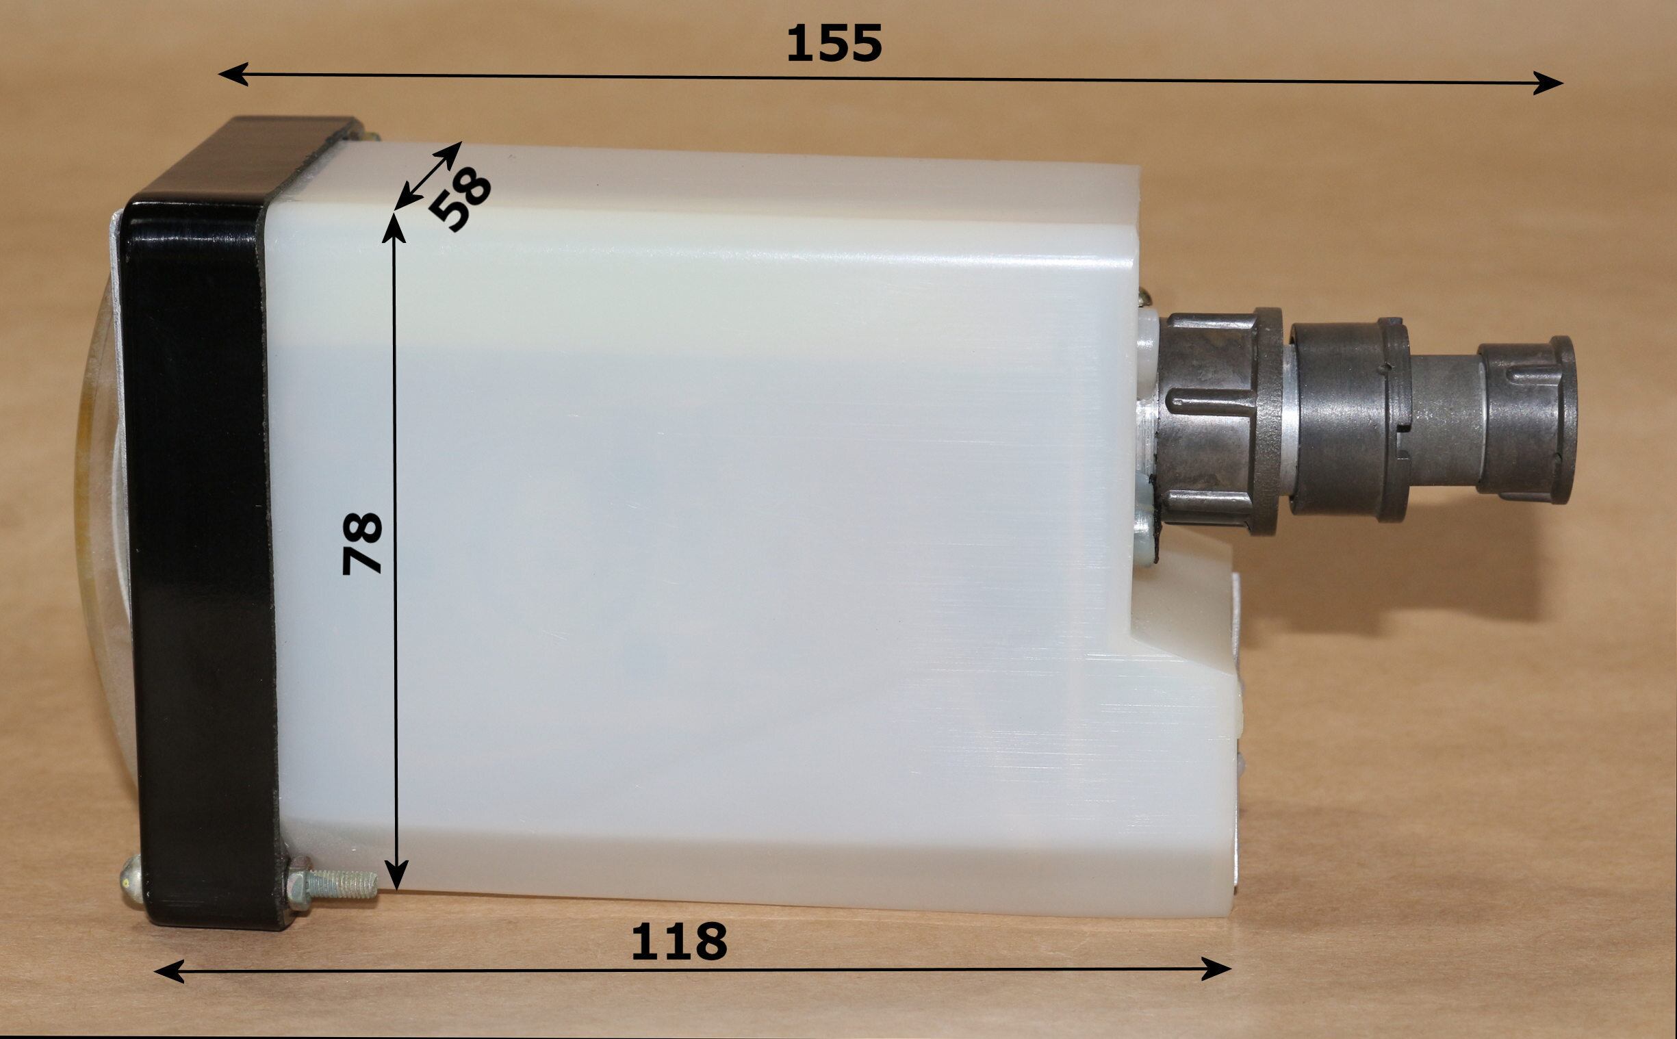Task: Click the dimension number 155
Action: pyautogui.click(x=833, y=42)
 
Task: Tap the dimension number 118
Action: pyautogui.click(x=679, y=941)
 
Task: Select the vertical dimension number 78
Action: pyautogui.click(x=362, y=543)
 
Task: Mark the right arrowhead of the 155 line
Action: pyautogui.click(x=1548, y=83)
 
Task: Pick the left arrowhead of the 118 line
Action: pyautogui.click(x=169, y=972)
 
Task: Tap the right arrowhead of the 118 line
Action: pyautogui.click(x=1216, y=969)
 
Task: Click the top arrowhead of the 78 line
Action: pyautogui.click(x=394, y=228)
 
